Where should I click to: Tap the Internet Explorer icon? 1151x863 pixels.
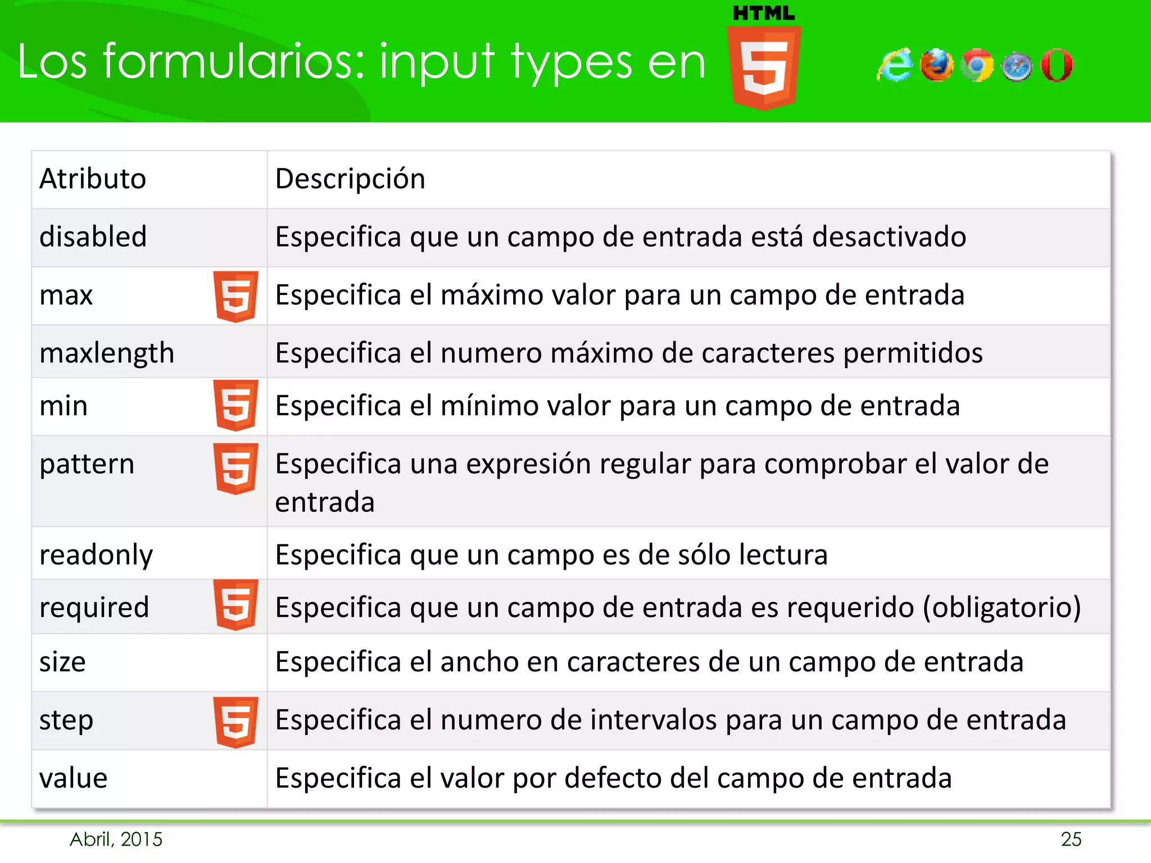pyautogui.click(x=895, y=66)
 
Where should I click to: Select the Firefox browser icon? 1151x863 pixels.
pyautogui.click(x=936, y=66)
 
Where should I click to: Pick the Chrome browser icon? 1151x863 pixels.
pyautogui.click(x=977, y=66)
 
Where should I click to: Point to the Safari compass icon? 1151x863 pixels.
pyautogui.click(x=1017, y=67)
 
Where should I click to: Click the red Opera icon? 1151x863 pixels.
pyautogui.click(x=1057, y=66)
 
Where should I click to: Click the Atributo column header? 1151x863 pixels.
pyautogui.click(x=93, y=179)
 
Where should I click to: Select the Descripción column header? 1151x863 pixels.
pyautogui.click(x=350, y=179)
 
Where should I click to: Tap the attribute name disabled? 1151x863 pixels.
pyautogui.click(x=93, y=237)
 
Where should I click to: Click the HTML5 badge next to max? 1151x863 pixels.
pyautogui.click(x=236, y=296)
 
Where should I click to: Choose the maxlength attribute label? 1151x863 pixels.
pyautogui.click(x=107, y=353)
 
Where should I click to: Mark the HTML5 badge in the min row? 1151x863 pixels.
pyautogui.click(x=236, y=405)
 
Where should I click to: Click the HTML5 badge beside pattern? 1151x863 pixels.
pyautogui.click(x=236, y=469)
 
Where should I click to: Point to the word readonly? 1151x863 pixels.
pyautogui.click(x=96, y=555)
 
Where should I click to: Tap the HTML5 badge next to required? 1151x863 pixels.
pyautogui.click(x=236, y=605)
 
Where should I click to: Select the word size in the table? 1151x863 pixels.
pyautogui.click(x=62, y=662)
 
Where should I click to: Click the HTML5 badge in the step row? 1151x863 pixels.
pyautogui.click(x=236, y=722)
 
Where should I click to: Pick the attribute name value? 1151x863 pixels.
pyautogui.click(x=74, y=778)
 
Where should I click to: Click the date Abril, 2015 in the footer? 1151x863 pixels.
pyautogui.click(x=116, y=839)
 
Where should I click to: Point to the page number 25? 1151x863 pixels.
pyautogui.click(x=1071, y=839)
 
